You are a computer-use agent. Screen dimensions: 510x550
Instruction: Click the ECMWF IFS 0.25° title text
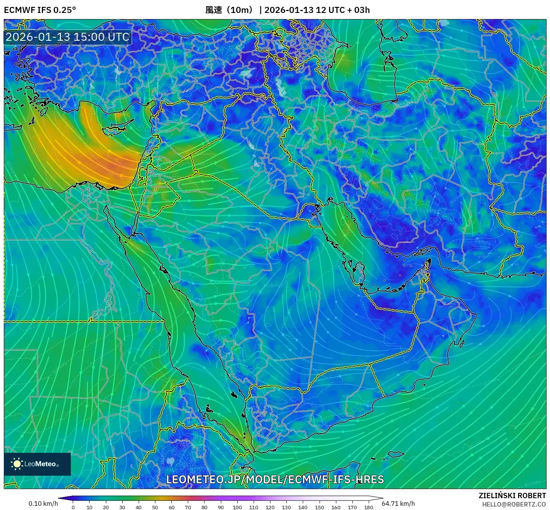pyautogui.click(x=40, y=10)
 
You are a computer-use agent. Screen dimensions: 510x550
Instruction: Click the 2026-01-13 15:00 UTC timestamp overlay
pyautogui.click(x=67, y=37)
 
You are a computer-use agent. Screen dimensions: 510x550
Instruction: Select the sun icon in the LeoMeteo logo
pyautogui.click(x=17, y=463)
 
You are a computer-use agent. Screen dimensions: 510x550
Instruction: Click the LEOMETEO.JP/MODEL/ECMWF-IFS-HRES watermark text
pyautogui.click(x=275, y=479)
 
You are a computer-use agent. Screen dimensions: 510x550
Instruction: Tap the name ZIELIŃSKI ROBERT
pyautogui.click(x=512, y=495)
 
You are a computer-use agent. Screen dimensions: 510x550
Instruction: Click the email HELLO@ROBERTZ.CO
pyautogui.click(x=514, y=504)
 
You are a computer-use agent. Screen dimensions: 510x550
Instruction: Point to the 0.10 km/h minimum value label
pyautogui.click(x=43, y=504)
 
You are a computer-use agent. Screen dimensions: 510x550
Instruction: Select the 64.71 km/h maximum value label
pyautogui.click(x=398, y=504)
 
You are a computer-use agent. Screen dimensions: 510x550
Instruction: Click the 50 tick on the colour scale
pyautogui.click(x=155, y=507)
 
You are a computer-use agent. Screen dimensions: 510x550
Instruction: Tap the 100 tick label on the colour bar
pyautogui.click(x=237, y=507)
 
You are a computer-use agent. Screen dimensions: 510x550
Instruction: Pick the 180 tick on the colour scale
pyautogui.click(x=368, y=507)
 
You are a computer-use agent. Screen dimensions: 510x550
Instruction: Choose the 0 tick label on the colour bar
pyautogui.click(x=73, y=507)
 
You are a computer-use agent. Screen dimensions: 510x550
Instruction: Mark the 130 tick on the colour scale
pyautogui.click(x=286, y=507)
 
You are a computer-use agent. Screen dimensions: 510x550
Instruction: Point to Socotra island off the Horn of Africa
pyautogui.click(x=396, y=454)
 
